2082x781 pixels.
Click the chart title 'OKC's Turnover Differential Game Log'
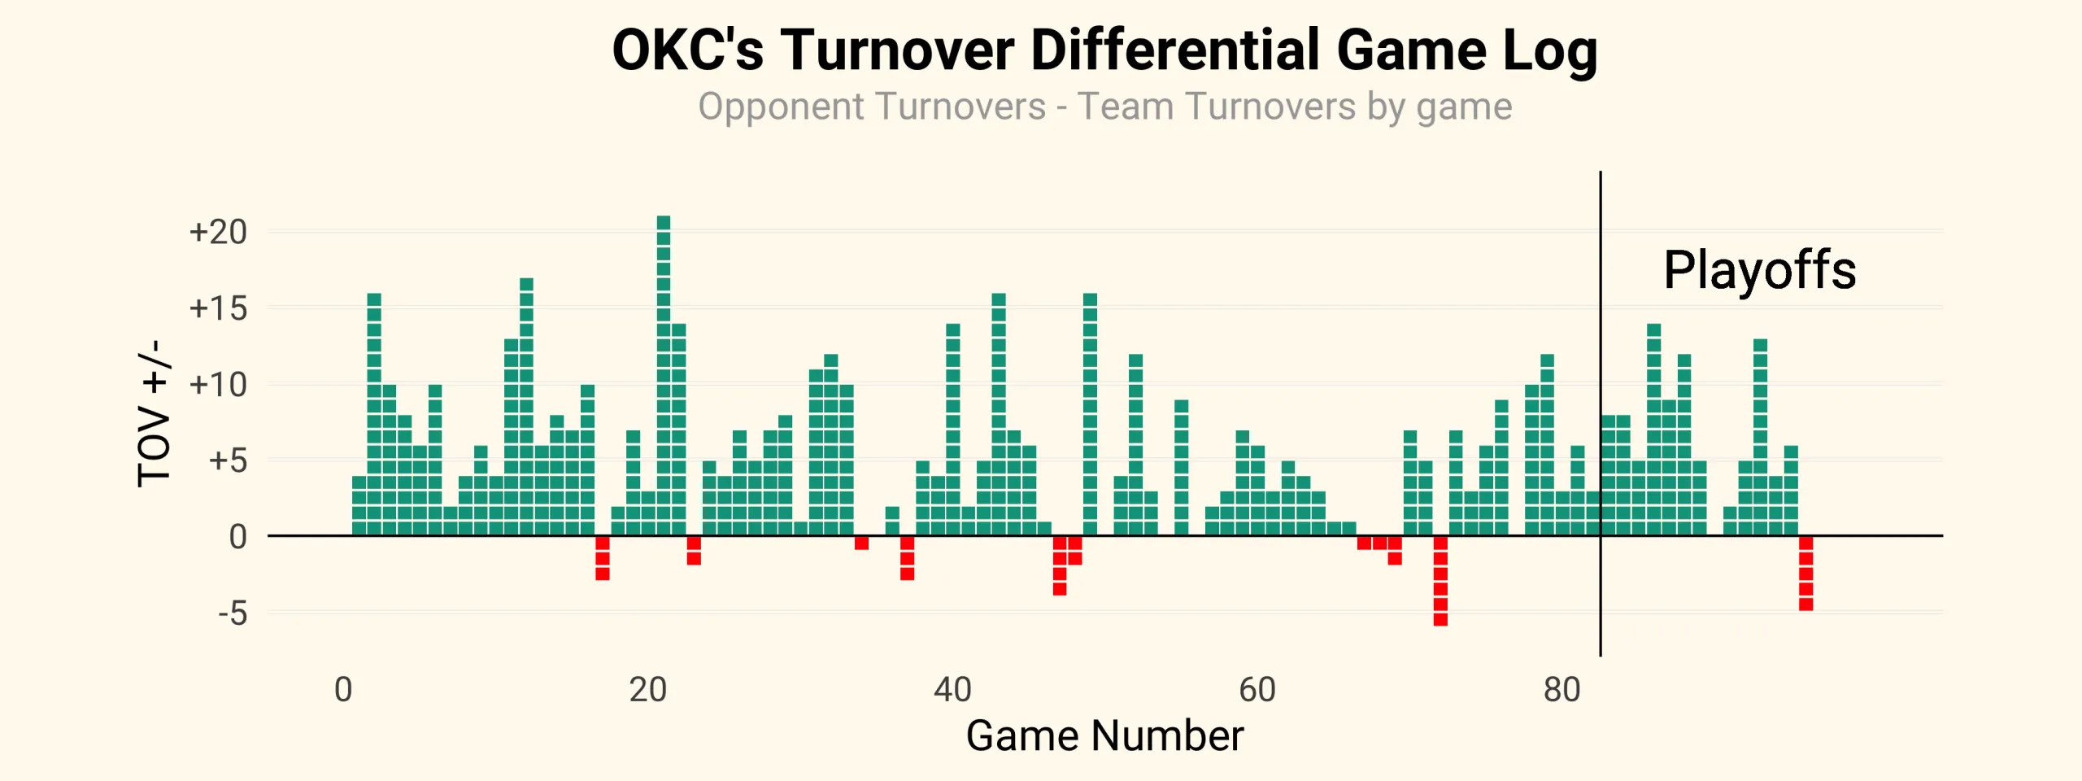click(x=1104, y=50)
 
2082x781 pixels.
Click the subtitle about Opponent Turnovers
click(x=1104, y=107)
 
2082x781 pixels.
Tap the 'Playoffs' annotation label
click(x=1759, y=270)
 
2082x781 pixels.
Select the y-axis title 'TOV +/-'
click(x=154, y=413)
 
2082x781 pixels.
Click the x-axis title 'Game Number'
click(x=1104, y=735)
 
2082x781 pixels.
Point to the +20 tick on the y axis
click(x=218, y=233)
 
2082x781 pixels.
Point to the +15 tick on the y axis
click(x=218, y=309)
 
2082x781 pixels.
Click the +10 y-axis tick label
click(x=218, y=385)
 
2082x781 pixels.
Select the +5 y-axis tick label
click(x=228, y=461)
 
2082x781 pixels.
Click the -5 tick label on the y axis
click(x=233, y=613)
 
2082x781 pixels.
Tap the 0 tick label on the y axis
click(x=237, y=537)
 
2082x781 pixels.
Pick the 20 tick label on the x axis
click(x=648, y=690)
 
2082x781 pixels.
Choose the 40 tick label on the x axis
click(x=952, y=690)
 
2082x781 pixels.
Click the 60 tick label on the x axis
click(x=1257, y=690)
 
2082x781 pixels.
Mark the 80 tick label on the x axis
click(x=1561, y=690)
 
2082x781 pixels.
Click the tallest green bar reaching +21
click(x=664, y=374)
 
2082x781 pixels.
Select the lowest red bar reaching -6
click(x=1440, y=581)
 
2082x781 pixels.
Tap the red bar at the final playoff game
click(x=1806, y=573)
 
